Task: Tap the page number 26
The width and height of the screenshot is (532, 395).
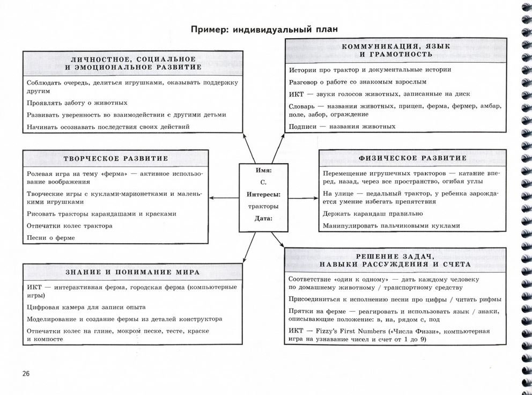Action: click(x=26, y=374)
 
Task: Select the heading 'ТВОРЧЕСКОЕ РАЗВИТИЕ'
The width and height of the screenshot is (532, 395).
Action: click(x=116, y=158)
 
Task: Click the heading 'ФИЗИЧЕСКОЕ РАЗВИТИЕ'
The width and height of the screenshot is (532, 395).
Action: click(x=412, y=158)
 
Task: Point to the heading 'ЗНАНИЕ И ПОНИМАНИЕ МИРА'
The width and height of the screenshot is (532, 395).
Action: click(x=132, y=272)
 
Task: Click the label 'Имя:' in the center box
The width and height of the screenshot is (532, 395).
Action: click(x=263, y=170)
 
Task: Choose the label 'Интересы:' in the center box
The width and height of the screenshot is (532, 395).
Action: click(x=264, y=194)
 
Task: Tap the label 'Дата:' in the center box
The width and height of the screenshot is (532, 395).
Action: click(x=263, y=218)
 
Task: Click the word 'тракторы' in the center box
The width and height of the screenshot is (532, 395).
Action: click(x=263, y=206)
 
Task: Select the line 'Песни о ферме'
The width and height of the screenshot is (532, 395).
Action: click(x=51, y=238)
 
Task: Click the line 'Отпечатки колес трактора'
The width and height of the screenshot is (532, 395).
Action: click(x=69, y=226)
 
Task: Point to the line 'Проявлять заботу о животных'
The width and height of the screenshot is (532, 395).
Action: click(x=77, y=103)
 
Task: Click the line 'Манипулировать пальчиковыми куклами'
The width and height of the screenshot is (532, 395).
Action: click(x=391, y=226)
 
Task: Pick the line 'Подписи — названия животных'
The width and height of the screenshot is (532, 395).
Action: click(x=342, y=127)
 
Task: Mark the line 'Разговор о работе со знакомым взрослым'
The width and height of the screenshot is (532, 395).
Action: click(x=358, y=82)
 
